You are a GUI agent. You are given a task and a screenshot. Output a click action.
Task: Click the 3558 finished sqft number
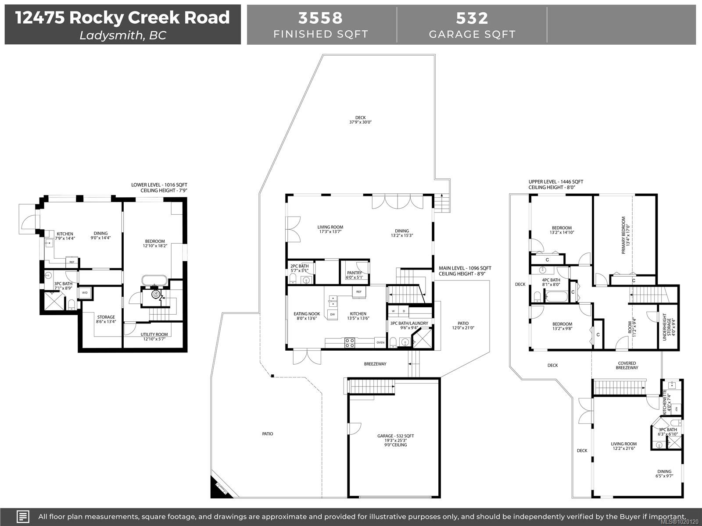(321, 18)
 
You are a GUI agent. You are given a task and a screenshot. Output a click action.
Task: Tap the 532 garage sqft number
(472, 18)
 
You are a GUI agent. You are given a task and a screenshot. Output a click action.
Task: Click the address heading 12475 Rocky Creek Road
(122, 18)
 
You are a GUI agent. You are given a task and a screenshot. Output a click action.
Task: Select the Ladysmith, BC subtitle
(122, 36)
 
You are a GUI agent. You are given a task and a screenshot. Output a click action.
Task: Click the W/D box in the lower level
(85, 293)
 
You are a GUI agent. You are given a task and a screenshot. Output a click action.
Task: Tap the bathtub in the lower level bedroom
(154, 281)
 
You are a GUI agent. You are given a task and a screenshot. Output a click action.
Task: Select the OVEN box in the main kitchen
(380, 343)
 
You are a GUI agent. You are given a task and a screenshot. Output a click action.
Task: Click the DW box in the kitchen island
(332, 314)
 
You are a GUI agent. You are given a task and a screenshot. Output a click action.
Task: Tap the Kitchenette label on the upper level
(665, 402)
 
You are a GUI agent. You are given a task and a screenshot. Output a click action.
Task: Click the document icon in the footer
(23, 516)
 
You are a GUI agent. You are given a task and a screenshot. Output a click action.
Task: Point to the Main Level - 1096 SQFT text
(465, 268)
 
